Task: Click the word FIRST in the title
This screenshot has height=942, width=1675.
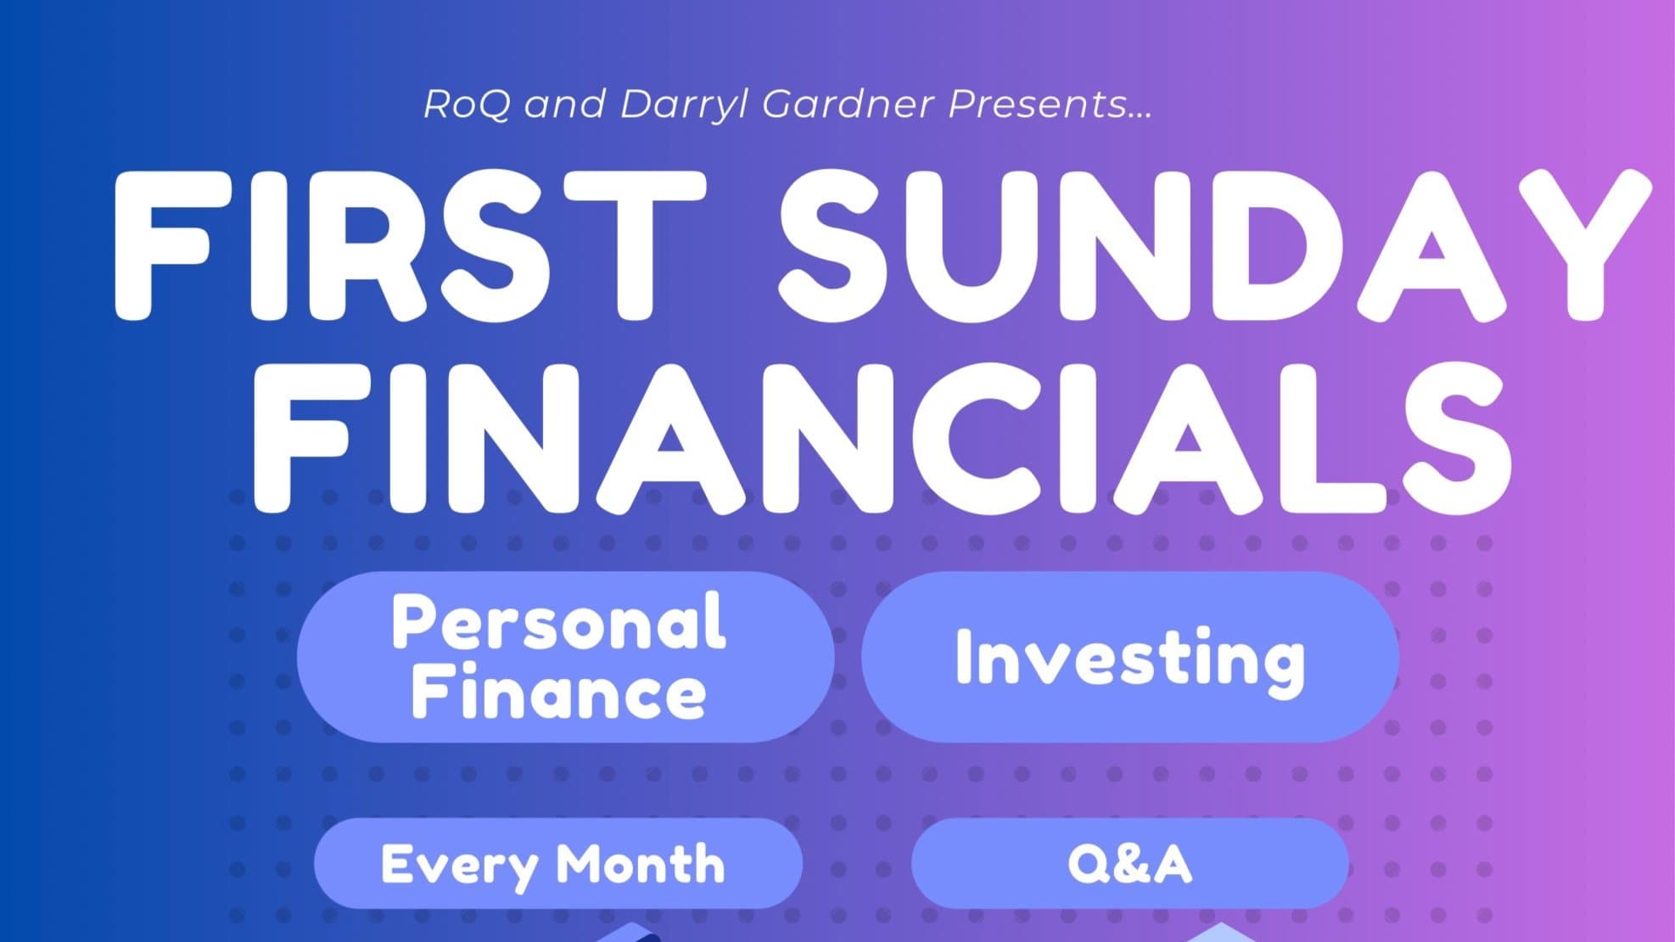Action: pos(409,245)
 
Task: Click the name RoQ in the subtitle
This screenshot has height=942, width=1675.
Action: pos(467,104)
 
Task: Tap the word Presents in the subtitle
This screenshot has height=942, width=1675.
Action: pos(1038,104)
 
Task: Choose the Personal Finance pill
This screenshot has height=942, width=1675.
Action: pos(565,657)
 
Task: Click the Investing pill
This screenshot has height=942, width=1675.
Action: pos(1130,657)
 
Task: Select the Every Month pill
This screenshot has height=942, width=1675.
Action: pos(558,864)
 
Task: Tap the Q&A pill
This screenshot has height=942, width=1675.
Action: pos(1130,864)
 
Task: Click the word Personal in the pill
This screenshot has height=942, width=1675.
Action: pos(558,622)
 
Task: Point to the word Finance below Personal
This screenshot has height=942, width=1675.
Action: pos(558,692)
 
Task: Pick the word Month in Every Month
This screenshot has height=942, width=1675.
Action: pos(640,864)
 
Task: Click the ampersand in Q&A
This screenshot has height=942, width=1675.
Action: pos(1129,865)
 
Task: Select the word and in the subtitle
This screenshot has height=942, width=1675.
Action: pos(566,104)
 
